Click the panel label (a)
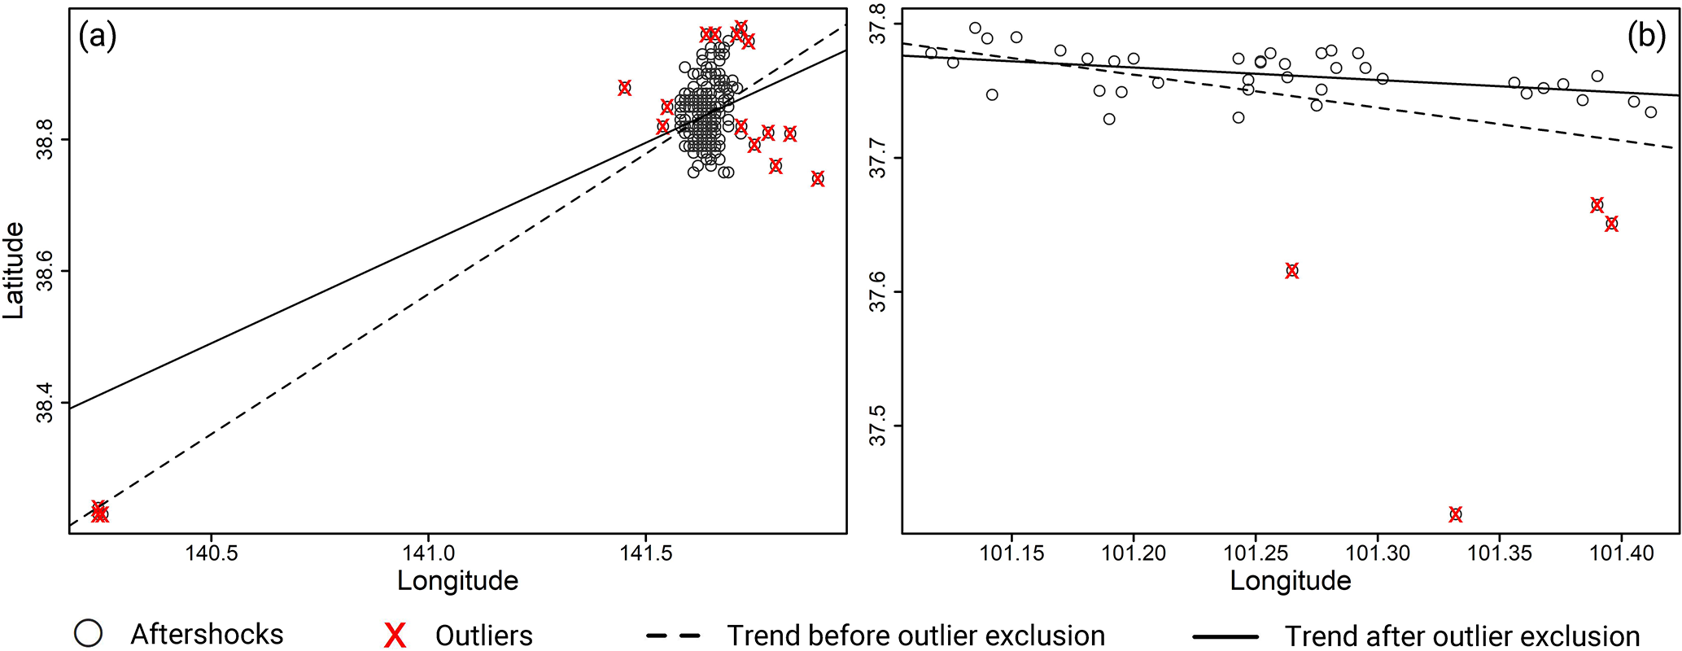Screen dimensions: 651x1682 click(98, 37)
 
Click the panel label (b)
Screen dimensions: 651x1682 click(1646, 37)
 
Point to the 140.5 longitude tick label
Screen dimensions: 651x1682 click(212, 553)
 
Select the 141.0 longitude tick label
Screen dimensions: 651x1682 click(429, 553)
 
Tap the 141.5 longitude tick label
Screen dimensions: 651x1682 click(646, 553)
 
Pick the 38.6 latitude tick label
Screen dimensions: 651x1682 click(45, 272)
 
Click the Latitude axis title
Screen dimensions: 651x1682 click(14, 271)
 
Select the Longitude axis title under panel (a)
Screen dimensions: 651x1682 click(457, 581)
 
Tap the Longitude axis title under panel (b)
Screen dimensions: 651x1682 click(1291, 581)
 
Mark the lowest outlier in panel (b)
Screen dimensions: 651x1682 click(1456, 514)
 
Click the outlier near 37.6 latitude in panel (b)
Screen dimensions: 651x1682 click(1292, 271)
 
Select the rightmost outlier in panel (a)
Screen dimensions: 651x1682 click(818, 179)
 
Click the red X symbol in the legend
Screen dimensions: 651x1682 click(395, 636)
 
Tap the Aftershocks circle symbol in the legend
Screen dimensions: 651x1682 click(88, 634)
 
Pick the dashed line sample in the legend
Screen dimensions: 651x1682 click(673, 636)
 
